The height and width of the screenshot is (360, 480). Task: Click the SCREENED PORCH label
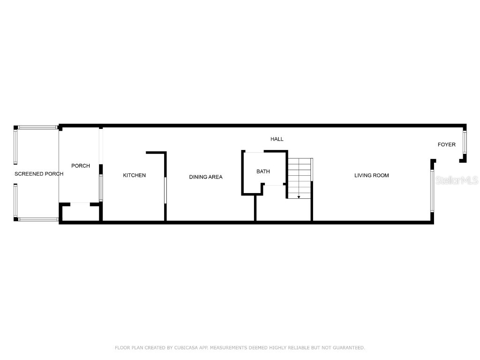pos(39,174)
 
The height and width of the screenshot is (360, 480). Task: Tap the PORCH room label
pos(81,166)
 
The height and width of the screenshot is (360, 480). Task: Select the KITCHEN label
pos(134,175)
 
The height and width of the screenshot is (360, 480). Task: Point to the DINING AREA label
pos(206,177)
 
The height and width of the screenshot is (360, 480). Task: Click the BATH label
pos(263,172)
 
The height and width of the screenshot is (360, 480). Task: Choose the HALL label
pos(277,139)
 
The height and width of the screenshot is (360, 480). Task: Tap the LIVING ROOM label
pos(372,175)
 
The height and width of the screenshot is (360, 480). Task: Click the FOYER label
pos(446,144)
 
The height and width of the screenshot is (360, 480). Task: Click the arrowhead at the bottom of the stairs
pos(299,197)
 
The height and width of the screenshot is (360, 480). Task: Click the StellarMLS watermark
pos(457,180)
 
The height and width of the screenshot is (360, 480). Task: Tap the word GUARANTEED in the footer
pos(349,348)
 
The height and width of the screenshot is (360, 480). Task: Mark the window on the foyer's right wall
pos(465,142)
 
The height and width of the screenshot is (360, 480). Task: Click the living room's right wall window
pos(432,191)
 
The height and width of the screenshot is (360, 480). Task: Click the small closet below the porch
pos(81,212)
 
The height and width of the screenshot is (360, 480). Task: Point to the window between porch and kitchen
pos(101,187)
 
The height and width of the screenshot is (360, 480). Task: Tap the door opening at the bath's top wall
pos(255,151)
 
